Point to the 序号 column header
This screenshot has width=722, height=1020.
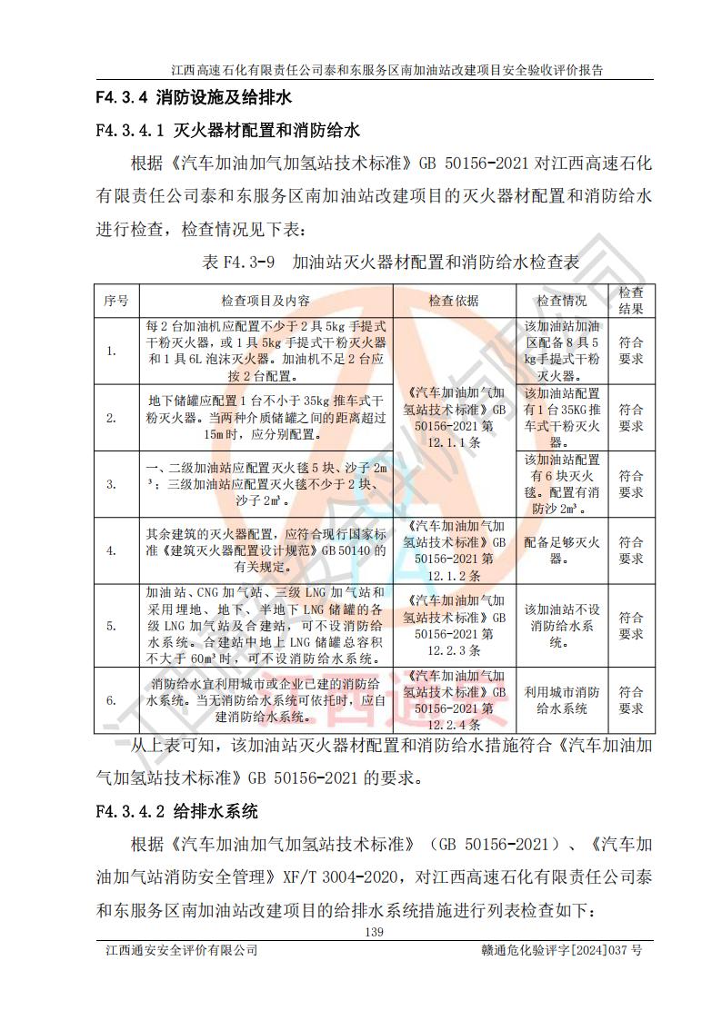pyautogui.click(x=115, y=301)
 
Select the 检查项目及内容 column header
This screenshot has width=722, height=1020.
pyautogui.click(x=265, y=301)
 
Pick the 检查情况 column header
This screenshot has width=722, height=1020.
pyautogui.click(x=561, y=301)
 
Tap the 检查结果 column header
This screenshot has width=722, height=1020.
pyautogui.click(x=631, y=301)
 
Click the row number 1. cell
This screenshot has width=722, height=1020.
pyautogui.click(x=112, y=352)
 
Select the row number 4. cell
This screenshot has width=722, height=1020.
pyautogui.click(x=112, y=550)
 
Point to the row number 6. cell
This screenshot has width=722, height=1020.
pyautogui.click(x=112, y=700)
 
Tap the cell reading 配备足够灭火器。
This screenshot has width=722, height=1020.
pyautogui.click(x=561, y=550)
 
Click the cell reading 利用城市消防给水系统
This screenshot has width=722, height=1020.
pyautogui.click(x=561, y=700)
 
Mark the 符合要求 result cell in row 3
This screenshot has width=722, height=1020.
pyautogui.click(x=631, y=484)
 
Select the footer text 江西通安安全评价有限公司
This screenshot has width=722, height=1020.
pyautogui.click(x=181, y=951)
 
